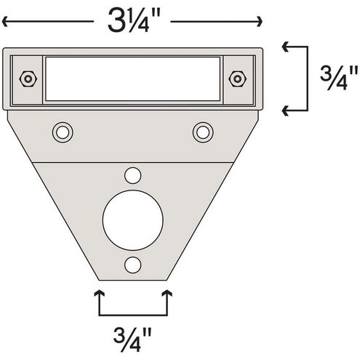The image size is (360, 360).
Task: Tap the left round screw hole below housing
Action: point(62,132)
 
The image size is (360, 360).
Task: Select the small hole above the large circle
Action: point(132,175)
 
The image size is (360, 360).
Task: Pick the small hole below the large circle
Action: point(132,264)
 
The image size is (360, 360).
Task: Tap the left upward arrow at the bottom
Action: point(98,293)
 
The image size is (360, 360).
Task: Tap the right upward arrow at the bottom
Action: point(168,293)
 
